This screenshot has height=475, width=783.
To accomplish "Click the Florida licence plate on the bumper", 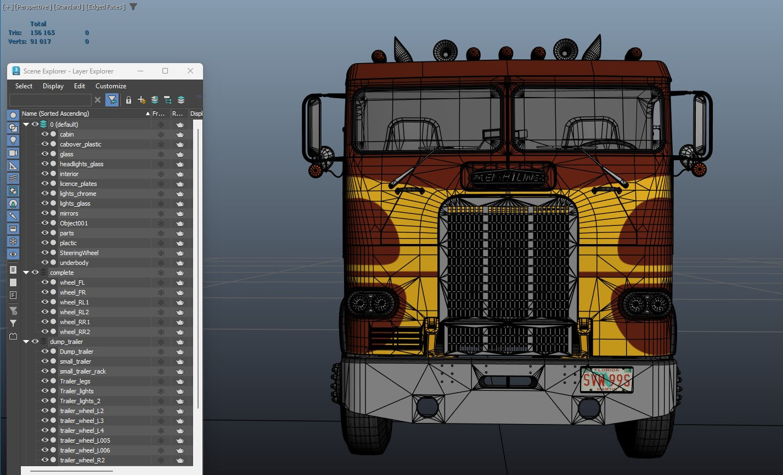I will tap(606, 380).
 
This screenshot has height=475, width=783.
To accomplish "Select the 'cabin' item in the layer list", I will tap(66, 134).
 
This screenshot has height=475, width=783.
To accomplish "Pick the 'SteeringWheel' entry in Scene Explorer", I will tap(79, 253).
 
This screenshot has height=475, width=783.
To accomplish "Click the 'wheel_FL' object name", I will tap(72, 282).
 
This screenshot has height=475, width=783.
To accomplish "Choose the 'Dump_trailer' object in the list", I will tap(76, 352).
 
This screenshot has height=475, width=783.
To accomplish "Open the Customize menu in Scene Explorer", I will tap(111, 86).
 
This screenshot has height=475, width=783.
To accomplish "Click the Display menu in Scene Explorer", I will tap(53, 86).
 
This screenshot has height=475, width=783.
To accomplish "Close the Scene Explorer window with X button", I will tap(190, 71).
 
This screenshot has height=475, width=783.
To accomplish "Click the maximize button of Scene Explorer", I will tap(165, 71).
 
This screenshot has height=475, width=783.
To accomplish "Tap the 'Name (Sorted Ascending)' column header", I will tap(55, 114).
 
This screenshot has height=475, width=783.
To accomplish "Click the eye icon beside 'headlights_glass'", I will tap(45, 164).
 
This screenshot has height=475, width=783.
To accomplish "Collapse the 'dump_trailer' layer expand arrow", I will tap(26, 342).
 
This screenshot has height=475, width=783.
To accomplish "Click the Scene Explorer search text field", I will tap(50, 100).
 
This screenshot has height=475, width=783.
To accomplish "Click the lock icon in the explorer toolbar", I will tap(128, 100).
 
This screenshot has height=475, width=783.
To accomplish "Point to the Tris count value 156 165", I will tap(42, 33).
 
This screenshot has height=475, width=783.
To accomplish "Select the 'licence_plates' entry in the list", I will tap(78, 184).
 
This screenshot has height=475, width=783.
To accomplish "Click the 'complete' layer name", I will tap(61, 273).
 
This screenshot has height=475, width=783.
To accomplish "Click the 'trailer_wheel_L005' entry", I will tap(85, 440).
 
